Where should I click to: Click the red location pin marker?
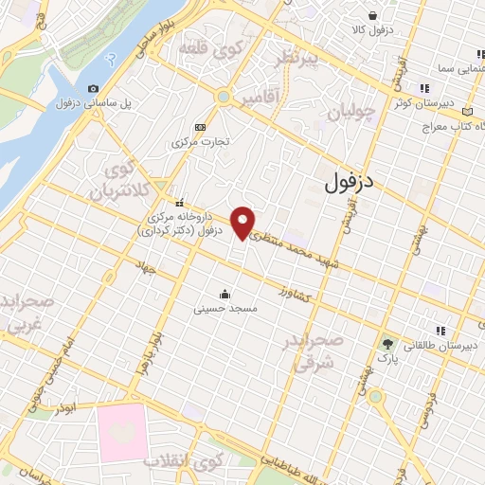[244, 223]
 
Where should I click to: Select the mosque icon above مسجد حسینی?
[224, 294]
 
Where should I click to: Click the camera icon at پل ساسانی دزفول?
[93, 89]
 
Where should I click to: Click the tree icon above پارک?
[386, 343]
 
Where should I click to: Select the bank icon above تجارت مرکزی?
[200, 127]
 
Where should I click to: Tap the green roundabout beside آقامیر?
[224, 96]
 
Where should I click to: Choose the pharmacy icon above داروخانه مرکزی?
[180, 201]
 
